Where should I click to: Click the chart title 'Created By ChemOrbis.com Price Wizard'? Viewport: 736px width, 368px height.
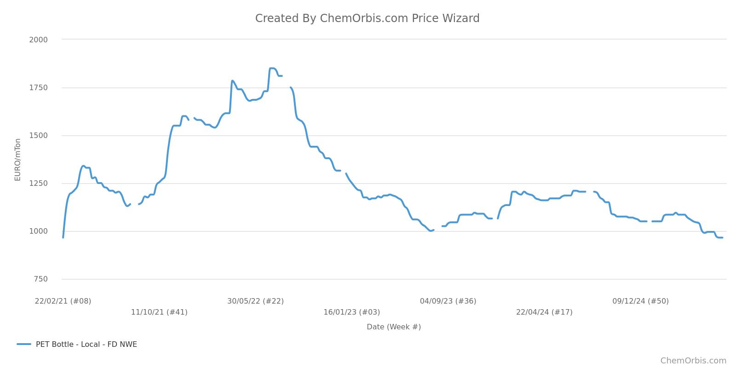367,18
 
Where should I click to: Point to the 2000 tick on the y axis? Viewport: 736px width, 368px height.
38,40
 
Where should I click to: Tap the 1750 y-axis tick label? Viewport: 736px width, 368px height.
38,87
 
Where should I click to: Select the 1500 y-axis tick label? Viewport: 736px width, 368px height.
38,135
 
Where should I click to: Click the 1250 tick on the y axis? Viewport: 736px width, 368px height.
38,183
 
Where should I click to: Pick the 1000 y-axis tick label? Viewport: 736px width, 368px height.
38,231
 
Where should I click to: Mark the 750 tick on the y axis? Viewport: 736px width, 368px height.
40,279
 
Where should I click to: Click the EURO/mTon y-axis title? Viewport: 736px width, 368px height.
17,160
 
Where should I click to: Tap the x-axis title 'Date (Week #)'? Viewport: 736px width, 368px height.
394,327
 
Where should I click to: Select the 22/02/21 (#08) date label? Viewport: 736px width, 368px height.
63,301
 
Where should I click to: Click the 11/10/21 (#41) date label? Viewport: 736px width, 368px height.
159,312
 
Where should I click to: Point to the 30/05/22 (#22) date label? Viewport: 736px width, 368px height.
255,301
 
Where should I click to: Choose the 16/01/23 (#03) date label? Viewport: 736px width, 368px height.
351,312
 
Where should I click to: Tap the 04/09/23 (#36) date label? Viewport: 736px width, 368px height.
448,301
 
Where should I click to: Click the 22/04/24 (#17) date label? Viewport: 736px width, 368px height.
544,312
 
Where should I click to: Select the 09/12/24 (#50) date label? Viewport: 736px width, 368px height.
640,301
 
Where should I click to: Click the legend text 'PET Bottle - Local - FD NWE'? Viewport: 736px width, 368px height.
86,344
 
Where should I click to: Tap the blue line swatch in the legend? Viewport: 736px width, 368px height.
24,344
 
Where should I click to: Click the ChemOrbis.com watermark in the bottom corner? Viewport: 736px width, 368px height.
693,361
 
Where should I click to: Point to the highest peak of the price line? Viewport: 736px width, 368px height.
272,68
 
